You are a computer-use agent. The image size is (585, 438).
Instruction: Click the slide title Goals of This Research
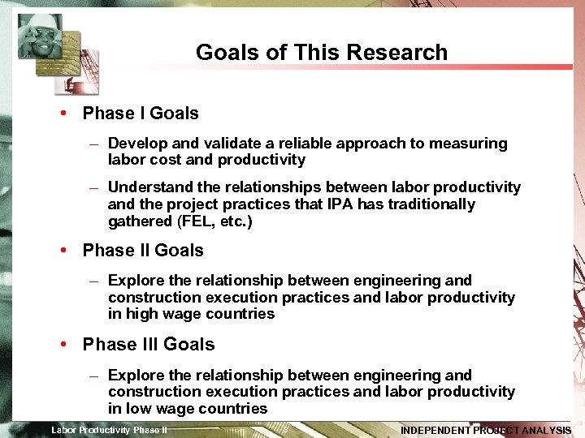pyautogui.click(x=321, y=53)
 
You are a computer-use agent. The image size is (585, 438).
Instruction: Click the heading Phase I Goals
pyautogui.click(x=140, y=114)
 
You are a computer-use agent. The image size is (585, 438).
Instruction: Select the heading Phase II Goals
pyautogui.click(x=143, y=251)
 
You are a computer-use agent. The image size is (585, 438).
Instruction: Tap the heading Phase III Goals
pyautogui.click(x=149, y=345)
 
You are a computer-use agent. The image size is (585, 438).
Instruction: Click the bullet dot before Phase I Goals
pyautogui.click(x=63, y=114)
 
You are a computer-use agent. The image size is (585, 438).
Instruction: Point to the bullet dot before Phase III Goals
pyautogui.click(x=63, y=345)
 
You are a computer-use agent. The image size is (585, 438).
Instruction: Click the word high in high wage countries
pyautogui.click(x=142, y=314)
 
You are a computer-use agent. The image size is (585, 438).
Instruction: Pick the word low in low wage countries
pyautogui.click(x=140, y=409)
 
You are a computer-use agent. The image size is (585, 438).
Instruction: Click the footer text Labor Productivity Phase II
pyautogui.click(x=110, y=430)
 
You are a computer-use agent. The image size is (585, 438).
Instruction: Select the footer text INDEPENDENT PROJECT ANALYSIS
pyautogui.click(x=486, y=431)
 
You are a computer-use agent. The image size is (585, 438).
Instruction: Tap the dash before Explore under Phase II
pyautogui.click(x=94, y=281)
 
